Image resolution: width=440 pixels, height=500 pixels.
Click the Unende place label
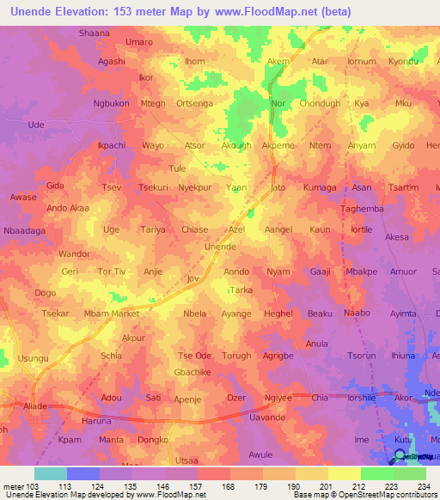(220, 247)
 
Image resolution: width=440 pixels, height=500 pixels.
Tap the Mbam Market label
(113, 314)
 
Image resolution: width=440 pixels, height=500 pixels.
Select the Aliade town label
(36, 404)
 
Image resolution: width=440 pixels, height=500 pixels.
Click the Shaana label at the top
(94, 33)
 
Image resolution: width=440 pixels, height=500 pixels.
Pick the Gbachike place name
(192, 372)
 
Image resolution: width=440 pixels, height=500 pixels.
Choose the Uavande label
(266, 417)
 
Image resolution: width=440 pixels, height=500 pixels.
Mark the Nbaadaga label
(23, 230)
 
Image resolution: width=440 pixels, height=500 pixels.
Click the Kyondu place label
(403, 62)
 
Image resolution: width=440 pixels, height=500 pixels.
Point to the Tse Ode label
(194, 356)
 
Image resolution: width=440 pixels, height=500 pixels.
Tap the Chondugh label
(320, 104)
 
